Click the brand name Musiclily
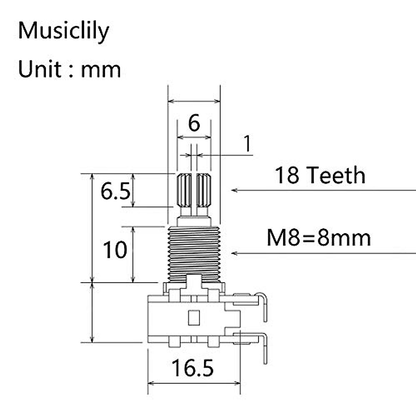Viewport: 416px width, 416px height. point(63,31)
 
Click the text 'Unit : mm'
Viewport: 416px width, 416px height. point(69,69)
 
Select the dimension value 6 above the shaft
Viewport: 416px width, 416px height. point(194,123)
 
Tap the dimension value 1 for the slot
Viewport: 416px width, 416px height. point(247,144)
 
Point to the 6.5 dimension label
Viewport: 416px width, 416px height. point(115,191)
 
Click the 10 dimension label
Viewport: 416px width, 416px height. point(115,250)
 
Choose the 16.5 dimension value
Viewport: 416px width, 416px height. point(192,368)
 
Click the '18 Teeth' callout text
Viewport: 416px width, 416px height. point(320,175)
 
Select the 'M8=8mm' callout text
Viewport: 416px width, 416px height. point(318,238)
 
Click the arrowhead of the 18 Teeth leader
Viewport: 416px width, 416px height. point(234,190)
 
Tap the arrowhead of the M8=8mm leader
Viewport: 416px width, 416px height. point(234,253)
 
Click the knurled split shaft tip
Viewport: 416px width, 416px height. point(194,191)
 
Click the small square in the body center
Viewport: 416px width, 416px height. point(193,318)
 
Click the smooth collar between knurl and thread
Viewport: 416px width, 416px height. point(194,221)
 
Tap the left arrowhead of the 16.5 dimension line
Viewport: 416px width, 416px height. point(150,383)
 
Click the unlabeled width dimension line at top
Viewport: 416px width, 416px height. point(194,102)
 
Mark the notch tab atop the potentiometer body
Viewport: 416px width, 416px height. point(194,281)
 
